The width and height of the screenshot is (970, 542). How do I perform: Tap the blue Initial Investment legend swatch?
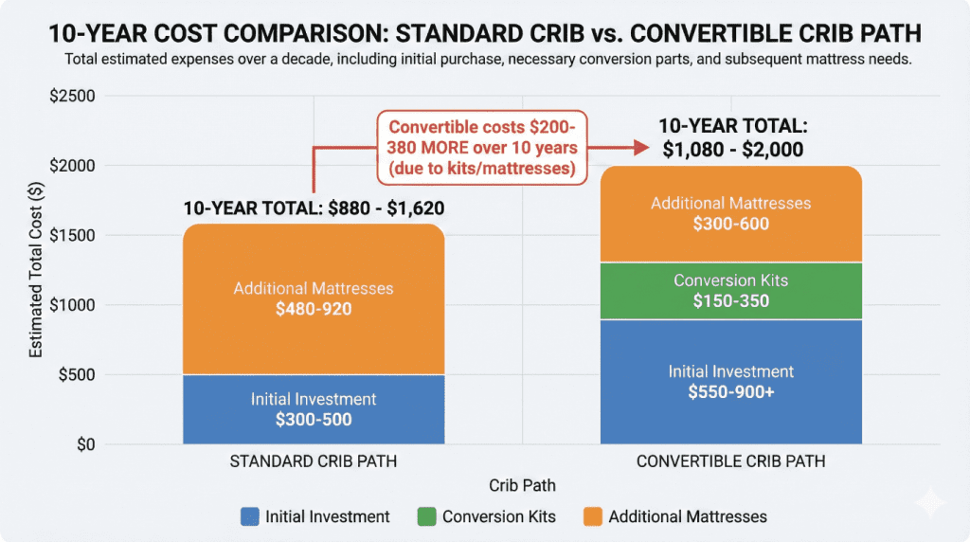click(249, 516)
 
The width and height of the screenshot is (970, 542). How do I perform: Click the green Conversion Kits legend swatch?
click(426, 516)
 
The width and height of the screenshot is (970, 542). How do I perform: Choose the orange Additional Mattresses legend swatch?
click(592, 516)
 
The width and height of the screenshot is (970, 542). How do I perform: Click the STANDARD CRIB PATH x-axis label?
click(313, 462)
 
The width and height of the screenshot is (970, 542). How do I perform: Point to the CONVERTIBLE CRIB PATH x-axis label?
click(730, 462)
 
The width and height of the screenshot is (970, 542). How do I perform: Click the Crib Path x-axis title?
click(522, 485)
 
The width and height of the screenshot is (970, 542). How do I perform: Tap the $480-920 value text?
click(313, 308)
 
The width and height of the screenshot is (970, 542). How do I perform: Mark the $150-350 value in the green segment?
click(730, 301)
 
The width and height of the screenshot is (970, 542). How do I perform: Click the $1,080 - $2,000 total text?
click(730, 150)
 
